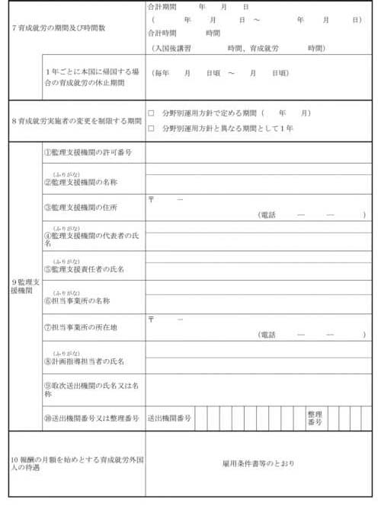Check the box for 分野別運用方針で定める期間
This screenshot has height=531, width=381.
click(x=151, y=113)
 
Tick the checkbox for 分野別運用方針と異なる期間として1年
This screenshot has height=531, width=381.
click(x=151, y=129)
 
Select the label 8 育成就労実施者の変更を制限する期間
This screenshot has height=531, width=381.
click(x=76, y=121)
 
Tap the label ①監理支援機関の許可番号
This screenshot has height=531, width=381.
click(x=88, y=153)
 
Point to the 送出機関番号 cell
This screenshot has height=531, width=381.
click(x=169, y=418)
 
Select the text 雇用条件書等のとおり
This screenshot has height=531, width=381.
click(x=258, y=463)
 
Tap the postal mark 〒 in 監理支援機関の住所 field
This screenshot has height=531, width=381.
click(x=152, y=199)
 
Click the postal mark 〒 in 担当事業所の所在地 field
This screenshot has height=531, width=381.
click(x=152, y=320)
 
